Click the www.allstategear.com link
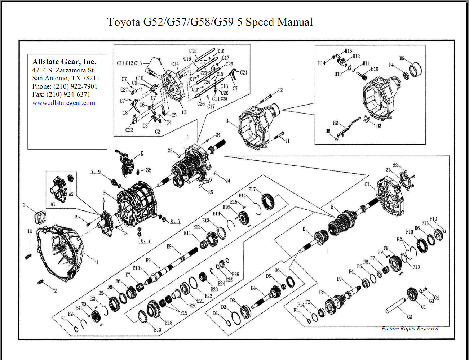[x=63, y=103]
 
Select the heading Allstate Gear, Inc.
[x=64, y=62]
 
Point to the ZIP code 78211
[x=91, y=78]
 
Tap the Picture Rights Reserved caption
[x=410, y=329]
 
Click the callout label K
[x=142, y=154]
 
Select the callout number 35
[x=149, y=170]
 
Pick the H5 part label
[x=402, y=58]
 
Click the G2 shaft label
[x=409, y=317]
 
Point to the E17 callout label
[x=252, y=190]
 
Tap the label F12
[x=433, y=219]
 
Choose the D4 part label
[x=253, y=288]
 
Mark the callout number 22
[x=395, y=165]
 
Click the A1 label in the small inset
[x=53, y=204]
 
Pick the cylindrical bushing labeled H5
[x=416, y=70]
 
